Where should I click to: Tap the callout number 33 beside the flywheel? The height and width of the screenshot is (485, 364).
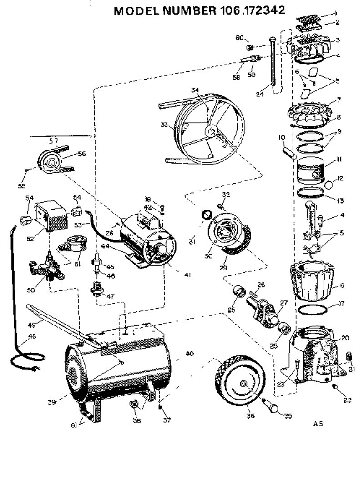[164, 124]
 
